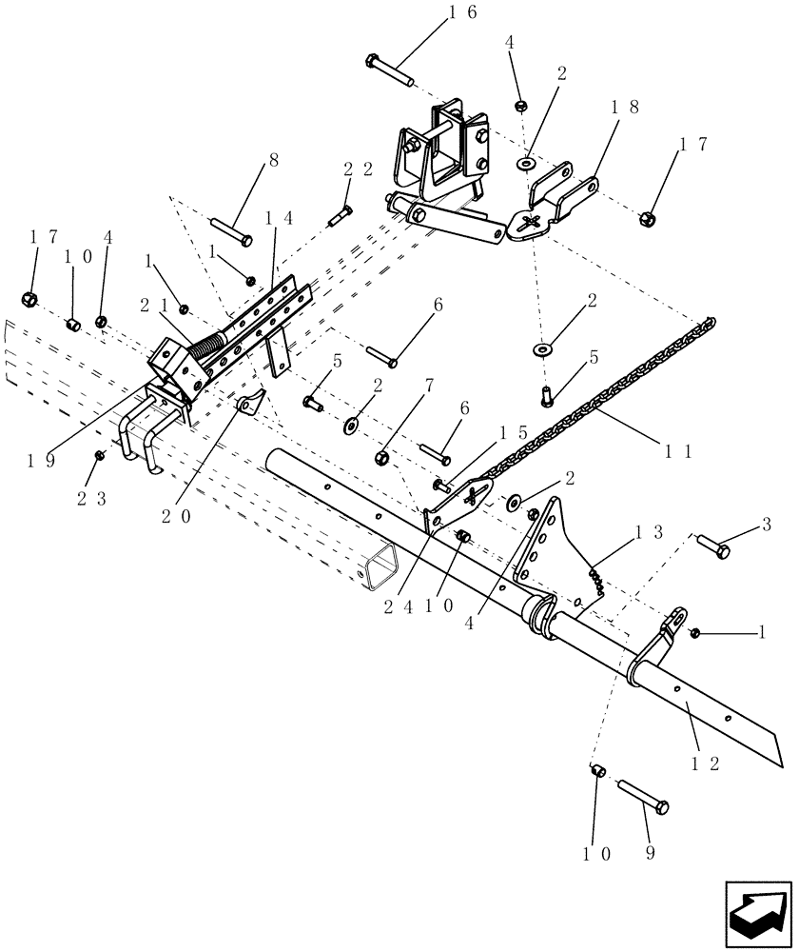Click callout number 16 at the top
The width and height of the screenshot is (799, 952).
tap(458, 12)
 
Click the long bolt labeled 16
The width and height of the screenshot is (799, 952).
tap(389, 72)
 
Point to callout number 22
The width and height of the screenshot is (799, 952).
tap(354, 169)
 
